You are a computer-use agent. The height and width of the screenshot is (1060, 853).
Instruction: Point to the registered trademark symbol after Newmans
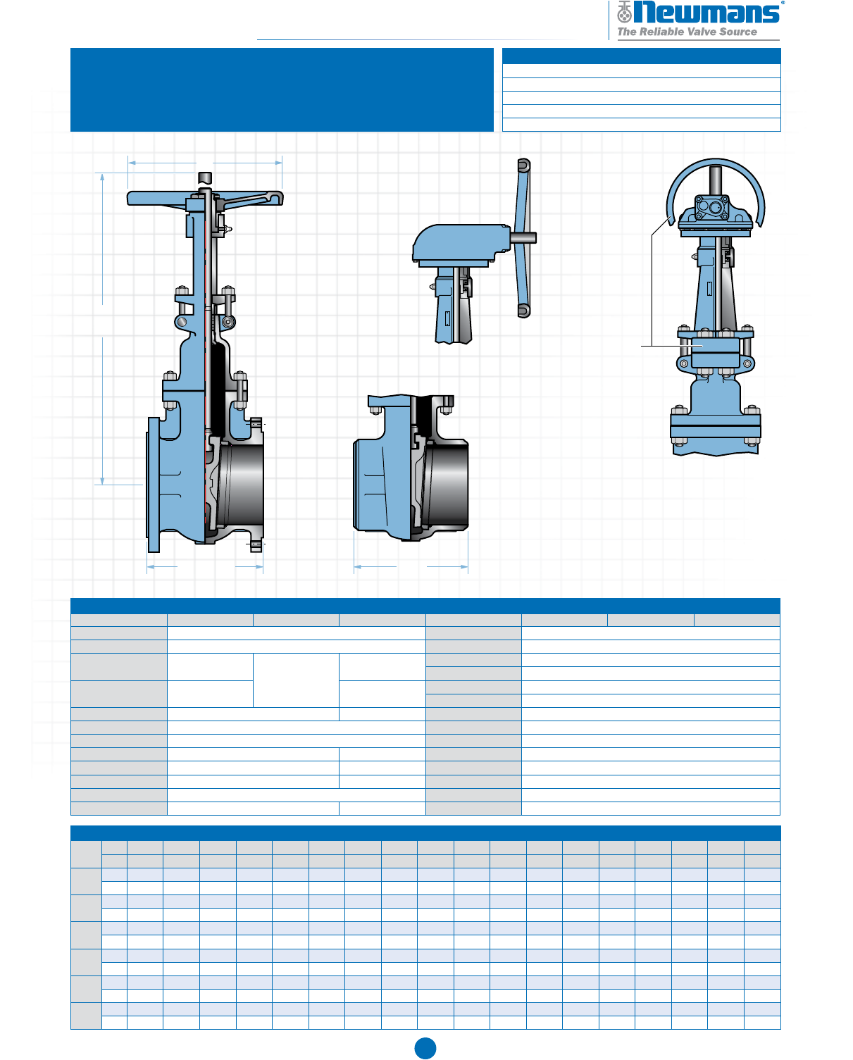[783, 3]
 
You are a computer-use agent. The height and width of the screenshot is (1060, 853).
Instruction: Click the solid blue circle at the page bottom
[425, 1048]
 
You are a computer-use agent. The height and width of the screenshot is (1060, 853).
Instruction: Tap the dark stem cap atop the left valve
[204, 177]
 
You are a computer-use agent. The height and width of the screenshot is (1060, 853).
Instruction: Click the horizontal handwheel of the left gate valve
[205, 198]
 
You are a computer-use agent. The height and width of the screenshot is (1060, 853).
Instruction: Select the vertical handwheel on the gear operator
[523, 238]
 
